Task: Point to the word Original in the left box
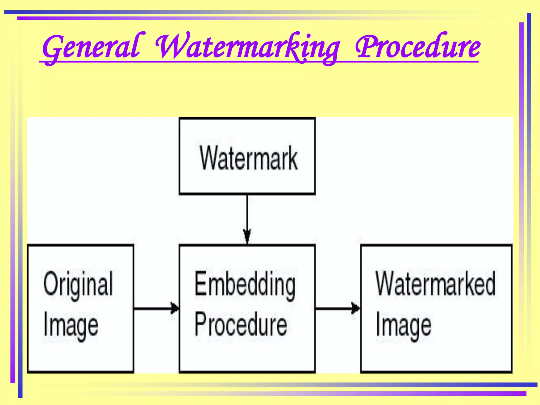pos(78,284)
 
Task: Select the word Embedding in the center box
pos(245,284)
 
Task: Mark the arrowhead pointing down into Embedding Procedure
pos(247,235)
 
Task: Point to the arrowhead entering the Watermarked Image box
pos(356,308)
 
